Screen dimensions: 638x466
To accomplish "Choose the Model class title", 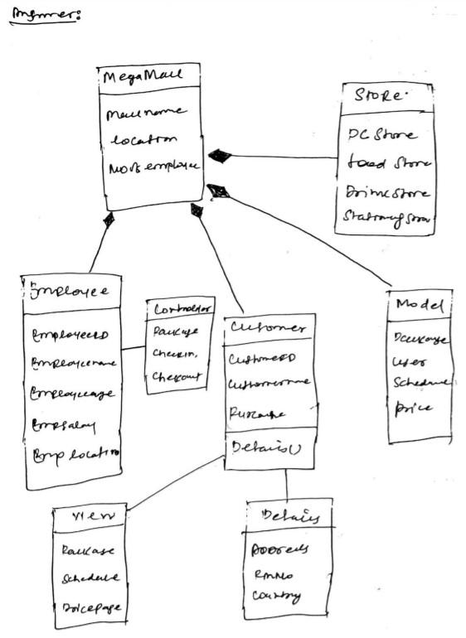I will (x=420, y=305).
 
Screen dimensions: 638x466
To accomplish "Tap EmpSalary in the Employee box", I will (x=64, y=426).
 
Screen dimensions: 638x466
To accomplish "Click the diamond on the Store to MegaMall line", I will (x=220, y=154).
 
